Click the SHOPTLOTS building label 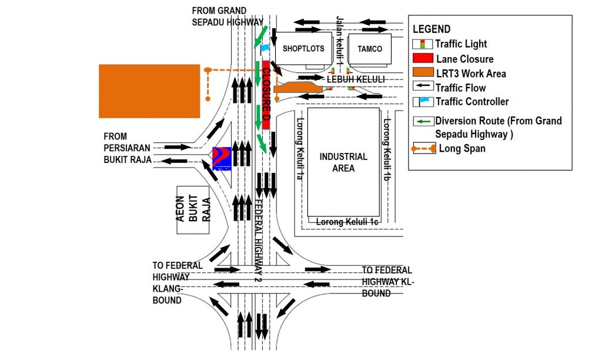click(x=303, y=48)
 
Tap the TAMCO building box click(x=370, y=48)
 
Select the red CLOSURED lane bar click(x=266, y=94)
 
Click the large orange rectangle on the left click(x=149, y=91)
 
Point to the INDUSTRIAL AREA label click(x=343, y=162)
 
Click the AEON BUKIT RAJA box click(x=193, y=210)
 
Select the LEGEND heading click(x=432, y=29)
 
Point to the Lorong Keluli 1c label click(x=346, y=222)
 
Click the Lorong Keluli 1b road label click(x=387, y=150)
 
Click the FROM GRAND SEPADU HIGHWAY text click(x=228, y=16)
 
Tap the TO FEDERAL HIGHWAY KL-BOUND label click(x=387, y=281)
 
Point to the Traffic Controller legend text click(x=472, y=102)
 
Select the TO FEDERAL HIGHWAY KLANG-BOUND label click(x=178, y=282)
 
